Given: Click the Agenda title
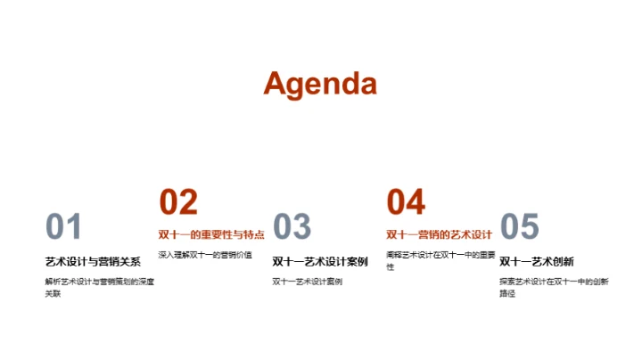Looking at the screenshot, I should (x=320, y=83).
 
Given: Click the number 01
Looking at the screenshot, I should (x=63, y=227).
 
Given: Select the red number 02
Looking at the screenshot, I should (x=178, y=202).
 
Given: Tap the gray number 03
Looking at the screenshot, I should (x=292, y=227).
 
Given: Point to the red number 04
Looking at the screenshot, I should (x=406, y=202).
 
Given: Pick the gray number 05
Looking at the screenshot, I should (x=520, y=227).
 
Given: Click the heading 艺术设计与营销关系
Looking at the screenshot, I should (x=93, y=262).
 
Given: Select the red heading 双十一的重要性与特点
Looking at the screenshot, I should (x=211, y=235).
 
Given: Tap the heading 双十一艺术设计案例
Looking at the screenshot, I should (x=320, y=262).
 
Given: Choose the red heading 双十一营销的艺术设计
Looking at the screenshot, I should (x=439, y=235).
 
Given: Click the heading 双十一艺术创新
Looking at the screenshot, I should (x=536, y=262).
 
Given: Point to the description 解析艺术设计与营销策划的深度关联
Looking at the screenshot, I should (x=99, y=287).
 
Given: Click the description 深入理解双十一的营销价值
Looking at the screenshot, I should (x=205, y=255).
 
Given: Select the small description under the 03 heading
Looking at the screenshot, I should (x=307, y=282).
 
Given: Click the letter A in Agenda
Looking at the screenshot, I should (x=276, y=83).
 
